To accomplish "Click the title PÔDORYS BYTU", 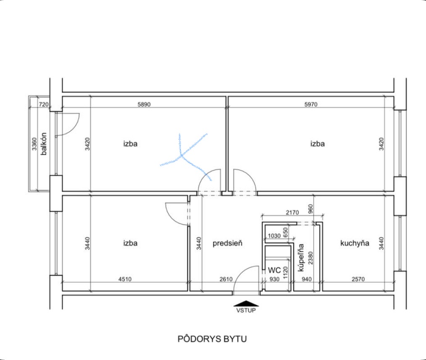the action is [212, 339].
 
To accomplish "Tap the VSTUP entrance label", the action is [246, 310].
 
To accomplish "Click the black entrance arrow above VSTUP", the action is [246, 304].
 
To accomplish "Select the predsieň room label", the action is [227, 243].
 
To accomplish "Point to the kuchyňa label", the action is [355, 243].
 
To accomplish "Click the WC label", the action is [274, 270].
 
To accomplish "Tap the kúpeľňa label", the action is [301, 257].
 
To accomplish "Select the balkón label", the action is [43, 144].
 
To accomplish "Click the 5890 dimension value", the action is [144, 104].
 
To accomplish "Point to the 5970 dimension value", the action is [311, 104].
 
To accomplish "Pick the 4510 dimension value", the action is [125, 279].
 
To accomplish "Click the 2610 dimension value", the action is [226, 279].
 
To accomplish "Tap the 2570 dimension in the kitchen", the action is [358, 279].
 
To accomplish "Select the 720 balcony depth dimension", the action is [44, 104].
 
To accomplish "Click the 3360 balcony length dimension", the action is [34, 144].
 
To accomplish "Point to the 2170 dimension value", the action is [292, 212].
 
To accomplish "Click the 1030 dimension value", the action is [274, 236].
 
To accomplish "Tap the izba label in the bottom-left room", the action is [130, 243].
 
